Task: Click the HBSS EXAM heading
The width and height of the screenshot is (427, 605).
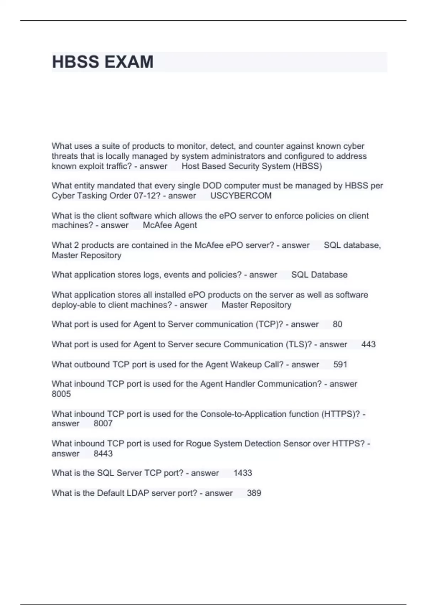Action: [x=103, y=62]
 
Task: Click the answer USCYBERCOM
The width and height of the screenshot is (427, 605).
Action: [x=241, y=196]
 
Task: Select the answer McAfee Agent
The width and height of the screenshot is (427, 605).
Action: [x=170, y=225]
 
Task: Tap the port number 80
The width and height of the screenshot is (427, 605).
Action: [x=337, y=324]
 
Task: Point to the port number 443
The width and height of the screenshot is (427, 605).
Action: [x=368, y=344]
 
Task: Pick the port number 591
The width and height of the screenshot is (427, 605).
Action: [x=340, y=364]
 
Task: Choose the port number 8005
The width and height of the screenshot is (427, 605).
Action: [x=61, y=394]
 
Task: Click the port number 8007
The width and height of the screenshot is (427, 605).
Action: [x=103, y=423]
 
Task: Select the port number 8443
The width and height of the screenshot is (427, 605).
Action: [x=103, y=454]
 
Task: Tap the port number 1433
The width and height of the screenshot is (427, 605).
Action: [x=243, y=473]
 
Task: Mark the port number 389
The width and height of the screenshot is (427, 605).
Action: [x=254, y=493]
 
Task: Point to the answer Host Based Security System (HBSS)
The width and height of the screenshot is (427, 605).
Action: [x=252, y=166]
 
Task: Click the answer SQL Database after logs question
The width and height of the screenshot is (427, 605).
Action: [x=319, y=275]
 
